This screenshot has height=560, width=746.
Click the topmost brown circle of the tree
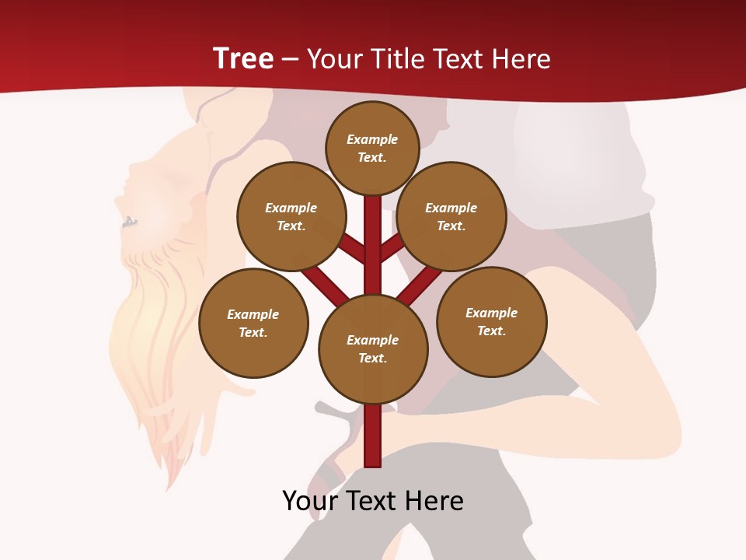pyautogui.click(x=372, y=148)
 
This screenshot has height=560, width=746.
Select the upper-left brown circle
pyautogui.click(x=291, y=216)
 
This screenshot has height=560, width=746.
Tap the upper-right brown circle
pyautogui.click(x=451, y=216)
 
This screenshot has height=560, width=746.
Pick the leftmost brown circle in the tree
pyautogui.click(x=253, y=323)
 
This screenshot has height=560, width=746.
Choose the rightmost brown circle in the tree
pyautogui.click(x=491, y=321)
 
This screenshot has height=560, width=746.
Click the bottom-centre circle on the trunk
pyautogui.click(x=373, y=348)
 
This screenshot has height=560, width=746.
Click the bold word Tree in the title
pyautogui.click(x=243, y=58)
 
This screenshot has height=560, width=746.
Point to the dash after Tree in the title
pyautogui.click(x=291, y=60)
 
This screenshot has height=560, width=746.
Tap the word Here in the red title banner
pyautogui.click(x=522, y=58)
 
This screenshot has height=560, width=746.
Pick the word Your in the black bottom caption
pyautogui.click(x=310, y=501)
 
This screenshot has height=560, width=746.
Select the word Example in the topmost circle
pyautogui.click(x=372, y=139)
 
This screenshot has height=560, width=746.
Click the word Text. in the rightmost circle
pyautogui.click(x=491, y=331)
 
